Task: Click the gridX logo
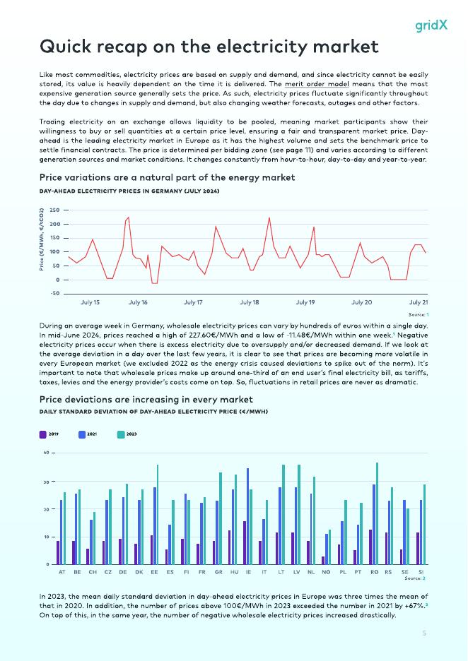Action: (431, 25)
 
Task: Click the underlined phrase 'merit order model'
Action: (317, 84)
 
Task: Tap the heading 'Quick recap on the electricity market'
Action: (209, 47)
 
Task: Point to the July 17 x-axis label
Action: (193, 302)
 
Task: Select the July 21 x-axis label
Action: (418, 302)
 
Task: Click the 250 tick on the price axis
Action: (54, 210)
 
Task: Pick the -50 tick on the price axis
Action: (54, 294)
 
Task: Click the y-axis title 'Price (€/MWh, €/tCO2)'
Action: (42, 239)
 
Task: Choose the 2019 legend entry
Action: (49, 434)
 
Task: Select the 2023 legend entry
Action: (127, 434)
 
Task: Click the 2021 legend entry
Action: (88, 434)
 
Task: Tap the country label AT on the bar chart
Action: (62, 572)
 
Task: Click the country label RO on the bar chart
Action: (374, 572)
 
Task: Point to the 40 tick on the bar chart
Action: (46, 453)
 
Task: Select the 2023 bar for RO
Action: (378, 513)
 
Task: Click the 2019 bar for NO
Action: (323, 560)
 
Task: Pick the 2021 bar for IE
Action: (247, 516)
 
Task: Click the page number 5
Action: (424, 633)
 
